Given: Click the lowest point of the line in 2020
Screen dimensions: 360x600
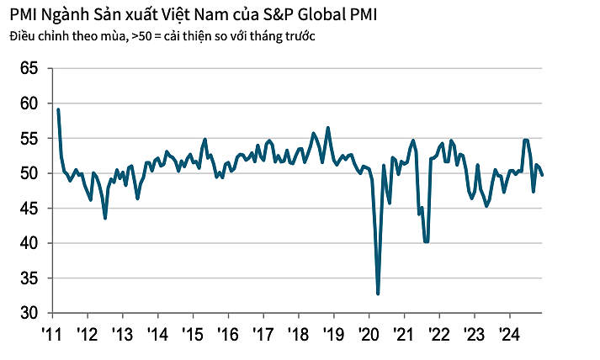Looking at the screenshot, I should pos(378,294).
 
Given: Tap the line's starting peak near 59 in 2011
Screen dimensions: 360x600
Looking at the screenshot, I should pos(58,109).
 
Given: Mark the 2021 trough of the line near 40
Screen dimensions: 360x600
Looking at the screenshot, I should pos(427,241).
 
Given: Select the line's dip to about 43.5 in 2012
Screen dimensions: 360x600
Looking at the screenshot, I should pos(105,218).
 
